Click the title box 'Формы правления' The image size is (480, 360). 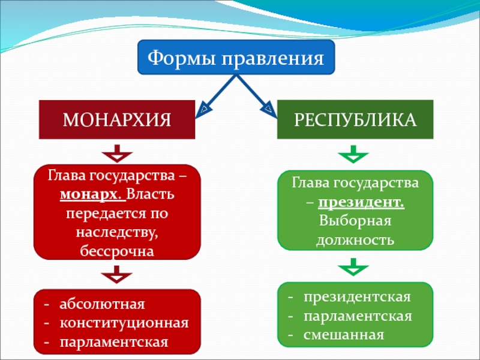click(x=236, y=58)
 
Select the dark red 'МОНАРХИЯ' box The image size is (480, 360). click(x=117, y=119)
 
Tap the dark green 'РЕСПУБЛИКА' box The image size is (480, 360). click(x=355, y=119)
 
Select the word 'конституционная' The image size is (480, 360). click(x=124, y=323)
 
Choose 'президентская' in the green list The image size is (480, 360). click(x=356, y=298)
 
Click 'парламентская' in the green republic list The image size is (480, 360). click(x=358, y=316)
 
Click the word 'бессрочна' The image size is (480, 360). click(x=116, y=249)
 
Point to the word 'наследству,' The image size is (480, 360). click(x=116, y=231)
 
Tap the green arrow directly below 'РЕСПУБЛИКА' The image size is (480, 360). click(x=354, y=154)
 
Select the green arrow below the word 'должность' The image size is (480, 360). click(x=354, y=266)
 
